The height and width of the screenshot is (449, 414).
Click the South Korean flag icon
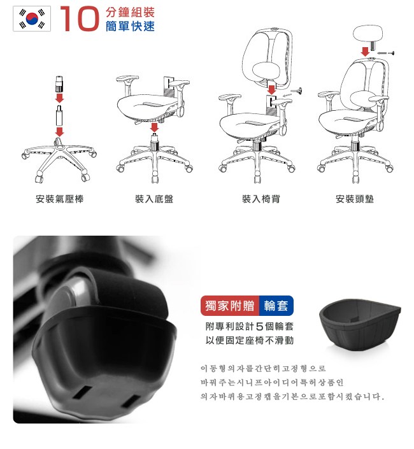click(32, 18)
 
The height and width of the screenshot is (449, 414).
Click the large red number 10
click(80, 18)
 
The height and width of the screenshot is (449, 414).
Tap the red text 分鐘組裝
click(131, 12)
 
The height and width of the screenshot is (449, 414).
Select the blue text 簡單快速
click(131, 26)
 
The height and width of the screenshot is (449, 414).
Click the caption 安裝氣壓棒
click(60, 199)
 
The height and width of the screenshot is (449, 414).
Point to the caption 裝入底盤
click(154, 199)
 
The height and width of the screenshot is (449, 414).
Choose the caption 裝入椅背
click(261, 199)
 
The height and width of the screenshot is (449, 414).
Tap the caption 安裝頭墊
click(355, 199)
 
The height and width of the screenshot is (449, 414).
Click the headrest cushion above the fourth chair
click(368, 34)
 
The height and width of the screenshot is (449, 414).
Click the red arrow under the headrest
click(365, 52)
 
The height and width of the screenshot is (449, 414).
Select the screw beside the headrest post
click(387, 53)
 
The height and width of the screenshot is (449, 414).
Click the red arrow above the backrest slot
click(272, 90)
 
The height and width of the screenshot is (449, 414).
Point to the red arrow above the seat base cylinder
click(154, 127)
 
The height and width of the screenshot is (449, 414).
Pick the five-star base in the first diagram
click(59, 159)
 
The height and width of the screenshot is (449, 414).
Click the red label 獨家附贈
click(230, 306)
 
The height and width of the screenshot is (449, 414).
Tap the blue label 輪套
click(276, 306)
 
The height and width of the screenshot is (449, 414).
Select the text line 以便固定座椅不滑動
click(250, 340)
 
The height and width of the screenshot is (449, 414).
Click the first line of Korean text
click(263, 368)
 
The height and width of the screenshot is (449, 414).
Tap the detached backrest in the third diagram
click(268, 59)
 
